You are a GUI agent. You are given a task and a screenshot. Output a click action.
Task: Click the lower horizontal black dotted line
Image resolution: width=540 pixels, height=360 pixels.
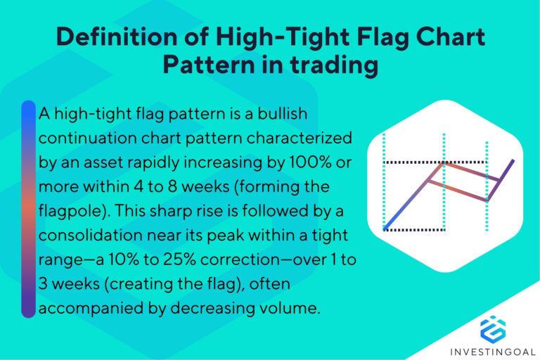(x=415, y=229)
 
